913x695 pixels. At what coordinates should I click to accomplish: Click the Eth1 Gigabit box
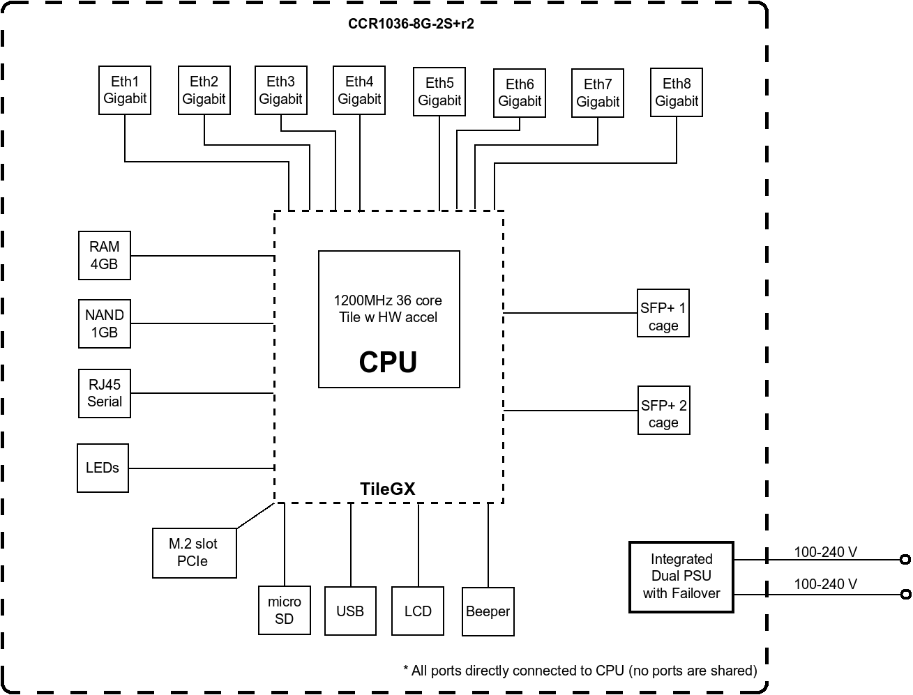125,90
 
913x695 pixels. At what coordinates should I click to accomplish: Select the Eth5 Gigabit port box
439,92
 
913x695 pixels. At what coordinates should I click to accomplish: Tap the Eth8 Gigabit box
676,92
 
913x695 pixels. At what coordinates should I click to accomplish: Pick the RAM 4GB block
105,255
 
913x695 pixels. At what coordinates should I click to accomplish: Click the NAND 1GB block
105,323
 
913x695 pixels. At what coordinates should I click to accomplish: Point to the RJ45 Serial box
105,393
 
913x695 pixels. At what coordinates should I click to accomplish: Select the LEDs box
103,468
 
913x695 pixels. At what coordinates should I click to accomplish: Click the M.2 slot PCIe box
194,553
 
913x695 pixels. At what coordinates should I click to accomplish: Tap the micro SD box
284,611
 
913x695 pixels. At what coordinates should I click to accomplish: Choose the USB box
350,611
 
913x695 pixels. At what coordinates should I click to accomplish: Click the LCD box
418,611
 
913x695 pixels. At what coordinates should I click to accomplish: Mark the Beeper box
488,611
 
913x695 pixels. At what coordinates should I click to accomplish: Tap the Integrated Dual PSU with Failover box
681,576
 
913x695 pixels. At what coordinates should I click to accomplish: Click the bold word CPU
388,362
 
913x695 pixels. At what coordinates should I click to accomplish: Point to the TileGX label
388,489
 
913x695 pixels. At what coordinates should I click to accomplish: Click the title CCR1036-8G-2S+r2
412,24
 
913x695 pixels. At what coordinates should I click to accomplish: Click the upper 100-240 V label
825,552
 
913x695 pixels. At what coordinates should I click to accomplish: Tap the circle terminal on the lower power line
905,595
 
